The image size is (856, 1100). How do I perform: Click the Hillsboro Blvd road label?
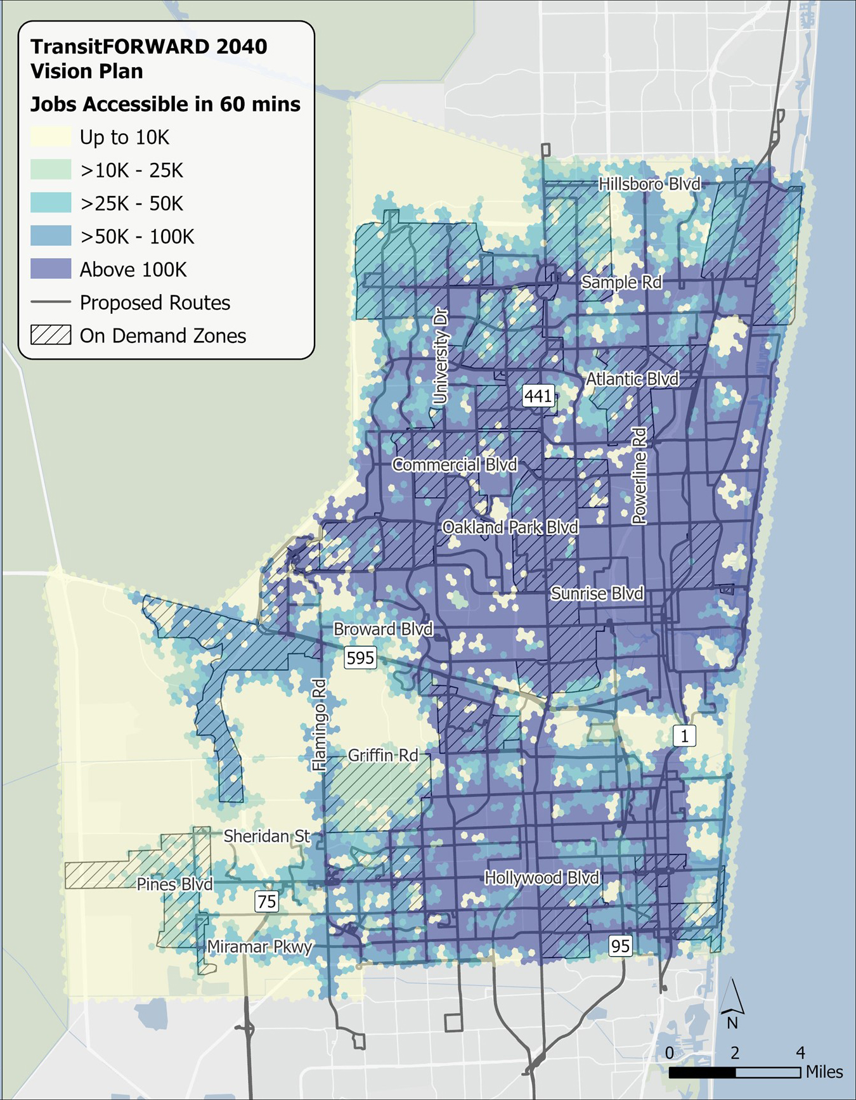click(649, 184)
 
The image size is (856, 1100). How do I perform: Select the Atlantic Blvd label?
click(632, 379)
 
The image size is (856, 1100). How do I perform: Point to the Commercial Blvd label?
click(455, 464)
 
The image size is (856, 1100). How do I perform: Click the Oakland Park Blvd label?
click(510, 527)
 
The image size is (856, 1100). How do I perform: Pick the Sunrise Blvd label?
click(597, 593)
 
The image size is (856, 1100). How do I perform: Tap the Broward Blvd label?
click(383, 629)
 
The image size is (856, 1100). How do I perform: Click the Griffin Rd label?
click(383, 755)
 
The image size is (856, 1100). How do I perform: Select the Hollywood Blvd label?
click(541, 877)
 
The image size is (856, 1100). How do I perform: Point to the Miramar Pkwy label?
click(259, 947)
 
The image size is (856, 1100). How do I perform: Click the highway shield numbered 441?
click(538, 396)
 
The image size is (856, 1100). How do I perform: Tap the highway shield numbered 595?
click(360, 657)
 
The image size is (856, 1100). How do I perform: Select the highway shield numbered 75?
click(267, 901)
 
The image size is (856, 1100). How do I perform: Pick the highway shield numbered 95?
click(620, 946)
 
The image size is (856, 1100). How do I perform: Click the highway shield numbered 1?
click(684, 735)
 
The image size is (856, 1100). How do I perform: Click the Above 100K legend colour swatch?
click(51, 269)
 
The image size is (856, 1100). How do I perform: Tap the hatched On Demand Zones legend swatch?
click(51, 335)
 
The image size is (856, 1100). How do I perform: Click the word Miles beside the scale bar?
click(824, 1071)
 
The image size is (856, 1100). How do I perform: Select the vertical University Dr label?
click(440, 356)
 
